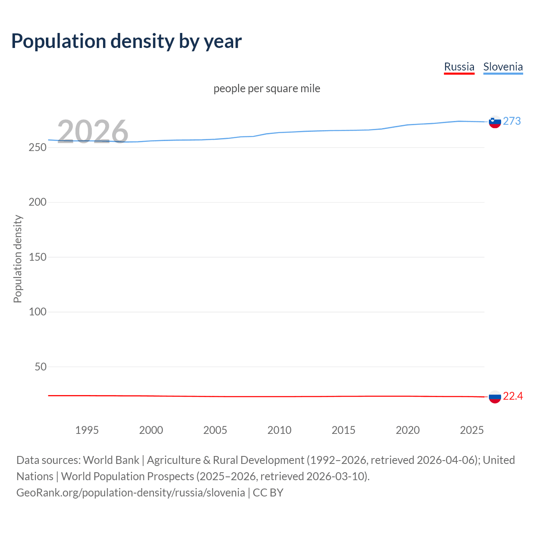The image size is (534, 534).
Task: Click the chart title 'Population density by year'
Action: pyautogui.click(x=126, y=41)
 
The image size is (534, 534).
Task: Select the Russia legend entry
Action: pyautogui.click(x=459, y=67)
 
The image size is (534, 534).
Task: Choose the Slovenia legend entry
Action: pyautogui.click(x=503, y=67)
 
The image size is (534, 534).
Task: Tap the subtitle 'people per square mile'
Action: pyautogui.click(x=267, y=88)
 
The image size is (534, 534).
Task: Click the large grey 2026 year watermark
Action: pyautogui.click(x=93, y=132)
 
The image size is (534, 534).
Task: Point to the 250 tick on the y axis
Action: pyautogui.click(x=38, y=147)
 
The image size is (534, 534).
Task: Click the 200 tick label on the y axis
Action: pyautogui.click(x=38, y=202)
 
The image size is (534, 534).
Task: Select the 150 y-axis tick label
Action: pyautogui.click(x=38, y=257)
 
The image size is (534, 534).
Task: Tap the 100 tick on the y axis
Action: pyautogui.click(x=38, y=312)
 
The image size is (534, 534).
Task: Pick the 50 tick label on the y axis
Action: pyautogui.click(x=40, y=367)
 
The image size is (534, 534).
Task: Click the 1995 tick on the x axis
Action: pyautogui.click(x=87, y=430)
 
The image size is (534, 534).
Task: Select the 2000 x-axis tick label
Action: pyautogui.click(x=151, y=430)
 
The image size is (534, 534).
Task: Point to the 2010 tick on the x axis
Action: pyautogui.click(x=279, y=430)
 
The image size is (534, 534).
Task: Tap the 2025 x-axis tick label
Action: pyautogui.click(x=471, y=430)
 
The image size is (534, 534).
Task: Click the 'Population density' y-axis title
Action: pyautogui.click(x=18, y=259)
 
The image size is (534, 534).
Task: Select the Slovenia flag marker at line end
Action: pyautogui.click(x=495, y=122)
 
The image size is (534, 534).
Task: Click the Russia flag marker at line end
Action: pyautogui.click(x=495, y=397)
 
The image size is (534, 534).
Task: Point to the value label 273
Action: pyautogui.click(x=512, y=121)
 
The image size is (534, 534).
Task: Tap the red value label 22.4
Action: pyautogui.click(x=513, y=396)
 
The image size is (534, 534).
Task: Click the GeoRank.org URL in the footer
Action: pyautogui.click(x=131, y=492)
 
